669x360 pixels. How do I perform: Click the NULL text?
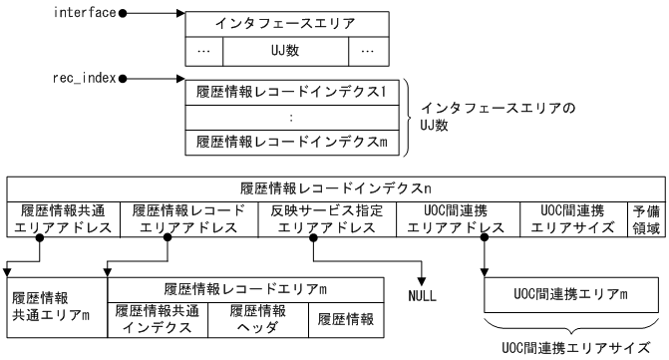click(424, 297)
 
